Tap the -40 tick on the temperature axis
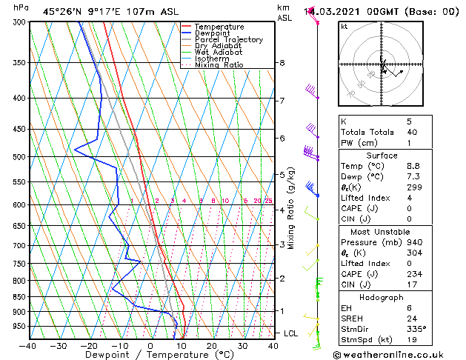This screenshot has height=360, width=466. pyautogui.click(x=28, y=345)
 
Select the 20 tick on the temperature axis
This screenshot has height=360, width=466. pyautogui.click(x=211, y=345)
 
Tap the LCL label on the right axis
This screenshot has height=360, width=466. pyautogui.click(x=290, y=334)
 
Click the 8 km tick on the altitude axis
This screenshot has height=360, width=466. pyautogui.click(x=282, y=63)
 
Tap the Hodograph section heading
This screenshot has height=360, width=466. pyautogui.click(x=382, y=297)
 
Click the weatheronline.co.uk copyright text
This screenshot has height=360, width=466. pyautogui.click(x=399, y=353)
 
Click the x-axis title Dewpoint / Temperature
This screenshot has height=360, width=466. pyautogui.click(x=149, y=355)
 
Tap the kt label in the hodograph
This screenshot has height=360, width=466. pyautogui.click(x=344, y=27)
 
